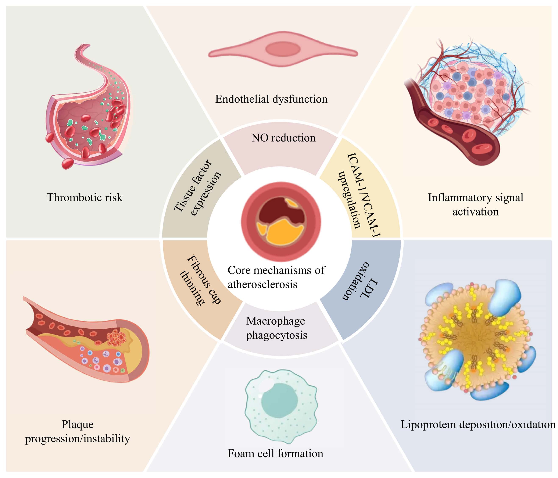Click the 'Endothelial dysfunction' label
pos(271,99)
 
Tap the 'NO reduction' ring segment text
pos(283,138)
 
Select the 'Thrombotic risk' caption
pos(85,197)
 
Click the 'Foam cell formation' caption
pos(275,453)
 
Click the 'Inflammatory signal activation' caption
pos(476,205)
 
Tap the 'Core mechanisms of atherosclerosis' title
pos(276,277)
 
